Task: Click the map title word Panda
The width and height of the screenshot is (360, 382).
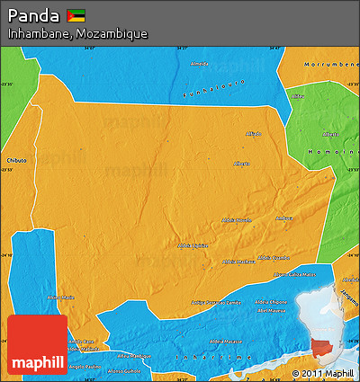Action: pyautogui.click(x=35, y=16)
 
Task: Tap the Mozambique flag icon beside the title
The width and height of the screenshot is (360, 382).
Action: pyautogui.click(x=76, y=16)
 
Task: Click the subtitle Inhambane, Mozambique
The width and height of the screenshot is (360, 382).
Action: pyautogui.click(x=77, y=33)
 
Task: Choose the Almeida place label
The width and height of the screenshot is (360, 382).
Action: pyautogui.click(x=199, y=65)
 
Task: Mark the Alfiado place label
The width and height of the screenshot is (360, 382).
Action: pyautogui.click(x=253, y=134)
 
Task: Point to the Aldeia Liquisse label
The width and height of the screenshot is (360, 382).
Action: pyautogui.click(x=193, y=244)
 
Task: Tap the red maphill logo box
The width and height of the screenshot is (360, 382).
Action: pyautogui.click(x=37, y=345)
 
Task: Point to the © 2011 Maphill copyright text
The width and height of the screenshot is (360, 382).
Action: pyautogui.click(x=322, y=372)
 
